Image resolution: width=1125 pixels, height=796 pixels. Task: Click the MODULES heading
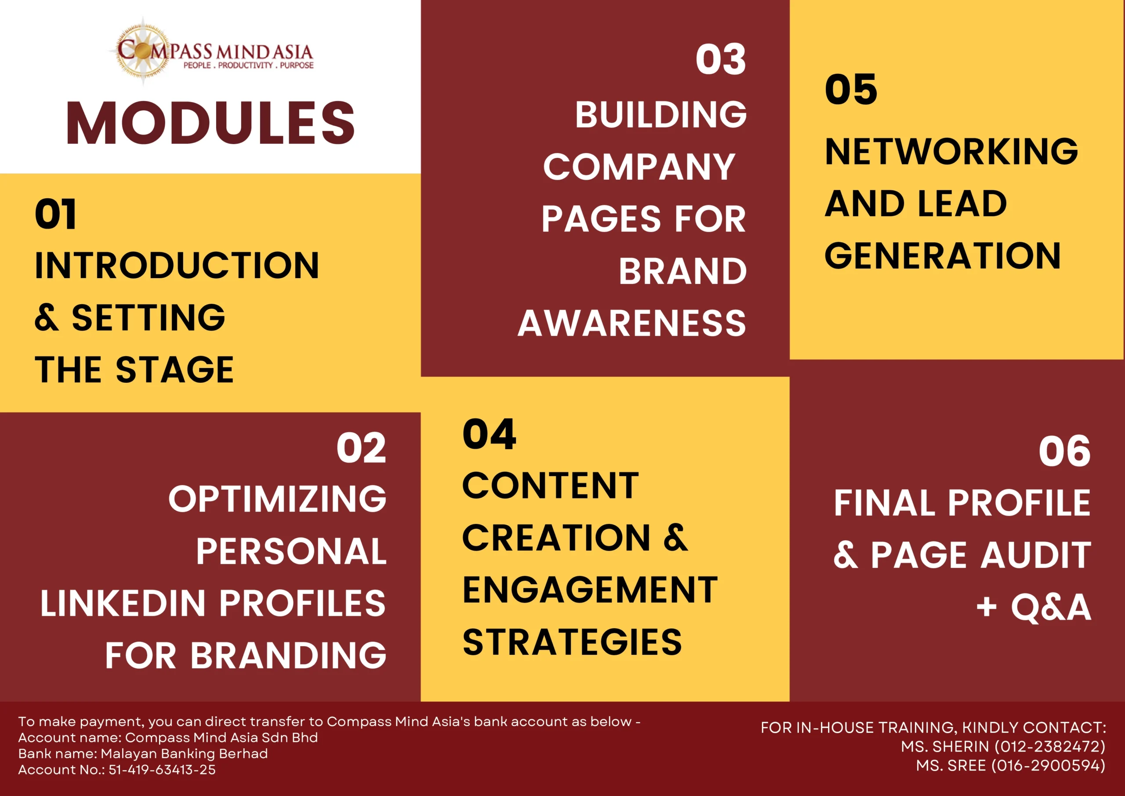210,123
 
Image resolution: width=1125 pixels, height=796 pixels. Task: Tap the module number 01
55,214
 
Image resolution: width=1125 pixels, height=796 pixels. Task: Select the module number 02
361,448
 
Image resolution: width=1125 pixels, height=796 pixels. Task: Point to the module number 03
721,59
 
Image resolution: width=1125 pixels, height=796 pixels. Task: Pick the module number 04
489,434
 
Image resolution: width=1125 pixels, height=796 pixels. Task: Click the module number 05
851,90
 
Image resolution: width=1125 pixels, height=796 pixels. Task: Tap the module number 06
1064,451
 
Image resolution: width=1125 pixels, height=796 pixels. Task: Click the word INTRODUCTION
177,265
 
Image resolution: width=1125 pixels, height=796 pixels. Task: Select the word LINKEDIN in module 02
123,603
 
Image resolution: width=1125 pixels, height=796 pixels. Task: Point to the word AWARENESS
632,323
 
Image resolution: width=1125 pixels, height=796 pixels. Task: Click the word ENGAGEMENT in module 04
590,590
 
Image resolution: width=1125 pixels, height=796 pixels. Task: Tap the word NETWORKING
951,152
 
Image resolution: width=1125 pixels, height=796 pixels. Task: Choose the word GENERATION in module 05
943,256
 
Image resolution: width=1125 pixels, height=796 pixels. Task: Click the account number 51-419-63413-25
162,770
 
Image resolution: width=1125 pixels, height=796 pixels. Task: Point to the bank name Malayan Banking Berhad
184,753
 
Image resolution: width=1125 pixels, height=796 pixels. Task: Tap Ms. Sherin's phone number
1050,746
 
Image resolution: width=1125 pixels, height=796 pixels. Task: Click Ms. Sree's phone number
1049,766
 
